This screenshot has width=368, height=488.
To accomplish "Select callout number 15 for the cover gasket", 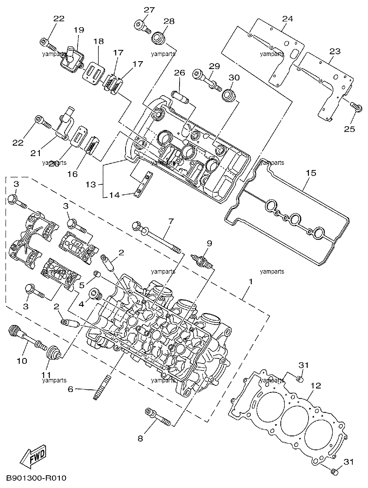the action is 311,173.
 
